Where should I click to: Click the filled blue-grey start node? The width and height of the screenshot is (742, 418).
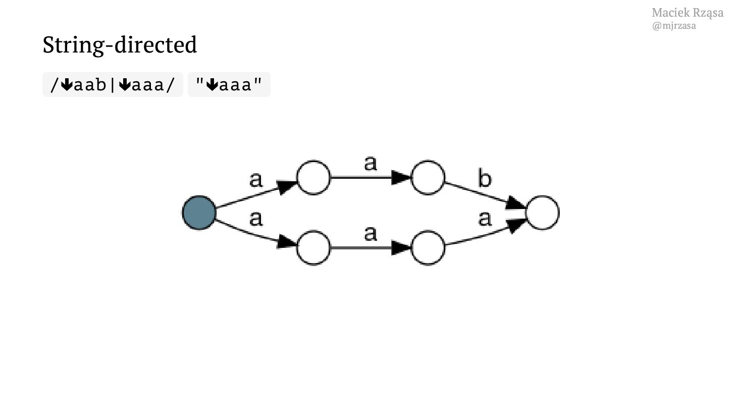point(199,213)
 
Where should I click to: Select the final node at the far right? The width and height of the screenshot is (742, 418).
point(542,213)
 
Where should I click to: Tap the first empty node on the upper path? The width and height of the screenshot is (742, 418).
point(313,177)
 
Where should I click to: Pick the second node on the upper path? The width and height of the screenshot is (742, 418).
point(428,177)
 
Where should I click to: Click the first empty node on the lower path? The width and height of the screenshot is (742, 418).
point(313,248)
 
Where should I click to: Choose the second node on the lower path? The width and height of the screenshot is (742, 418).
point(428,248)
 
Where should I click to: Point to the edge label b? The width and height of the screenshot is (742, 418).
point(484,179)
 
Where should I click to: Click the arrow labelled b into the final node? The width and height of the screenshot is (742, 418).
point(485,195)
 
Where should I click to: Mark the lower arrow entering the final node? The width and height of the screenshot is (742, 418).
point(485,235)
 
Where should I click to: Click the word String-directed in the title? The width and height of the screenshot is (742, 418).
point(120,45)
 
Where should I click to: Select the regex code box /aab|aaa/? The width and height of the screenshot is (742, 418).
point(113,84)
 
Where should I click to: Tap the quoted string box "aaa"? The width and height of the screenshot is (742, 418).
point(229,84)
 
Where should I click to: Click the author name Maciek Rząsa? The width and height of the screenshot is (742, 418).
point(687,13)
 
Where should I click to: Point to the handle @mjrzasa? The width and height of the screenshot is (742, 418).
point(674,26)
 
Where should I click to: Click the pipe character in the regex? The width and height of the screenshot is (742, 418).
point(113,84)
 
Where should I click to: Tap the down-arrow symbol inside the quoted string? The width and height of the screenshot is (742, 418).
point(212,85)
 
